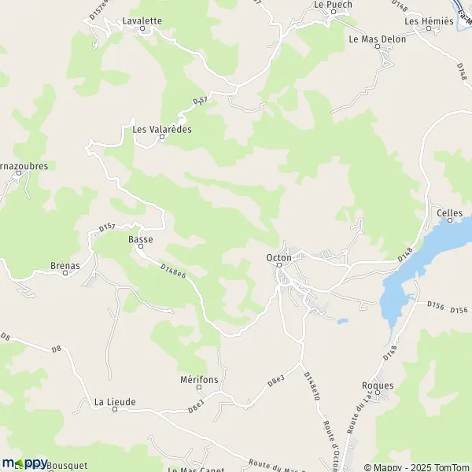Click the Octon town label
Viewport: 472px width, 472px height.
(x=278, y=257)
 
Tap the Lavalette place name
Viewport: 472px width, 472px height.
(x=142, y=20)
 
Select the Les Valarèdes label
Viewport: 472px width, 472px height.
(x=162, y=130)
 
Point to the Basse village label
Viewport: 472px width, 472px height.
(x=140, y=238)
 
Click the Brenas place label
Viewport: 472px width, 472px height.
(x=65, y=266)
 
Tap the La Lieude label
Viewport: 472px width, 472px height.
(x=115, y=402)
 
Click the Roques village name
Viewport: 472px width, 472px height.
(x=377, y=385)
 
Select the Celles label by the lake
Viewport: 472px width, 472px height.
(x=448, y=213)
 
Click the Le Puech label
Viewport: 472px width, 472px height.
(x=333, y=4)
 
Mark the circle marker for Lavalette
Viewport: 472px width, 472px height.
(x=142, y=29)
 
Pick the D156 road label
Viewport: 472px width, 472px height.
(x=437, y=304)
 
